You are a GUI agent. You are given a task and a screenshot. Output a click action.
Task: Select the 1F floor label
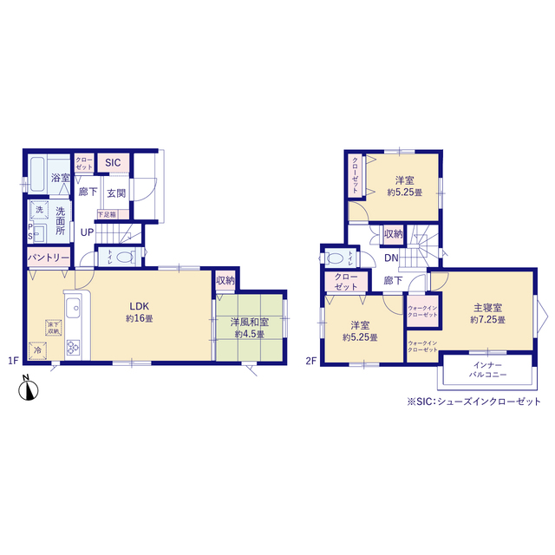(13, 361)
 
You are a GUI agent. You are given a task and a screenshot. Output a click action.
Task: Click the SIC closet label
(113, 162)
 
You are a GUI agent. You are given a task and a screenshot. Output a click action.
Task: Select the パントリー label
(48, 258)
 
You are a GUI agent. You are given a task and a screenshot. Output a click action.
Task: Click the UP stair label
(87, 232)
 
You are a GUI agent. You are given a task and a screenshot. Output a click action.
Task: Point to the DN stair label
(391, 258)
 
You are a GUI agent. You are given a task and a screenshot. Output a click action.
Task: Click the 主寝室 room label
(487, 308)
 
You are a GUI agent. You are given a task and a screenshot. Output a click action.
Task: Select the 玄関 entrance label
(116, 193)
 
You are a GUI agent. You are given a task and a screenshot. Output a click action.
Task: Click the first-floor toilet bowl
(122, 257)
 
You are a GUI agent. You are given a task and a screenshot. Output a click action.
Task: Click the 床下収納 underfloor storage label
(42, 328)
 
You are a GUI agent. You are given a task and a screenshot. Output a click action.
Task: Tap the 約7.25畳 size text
(487, 320)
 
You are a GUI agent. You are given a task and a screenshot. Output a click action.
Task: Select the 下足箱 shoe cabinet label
(107, 213)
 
